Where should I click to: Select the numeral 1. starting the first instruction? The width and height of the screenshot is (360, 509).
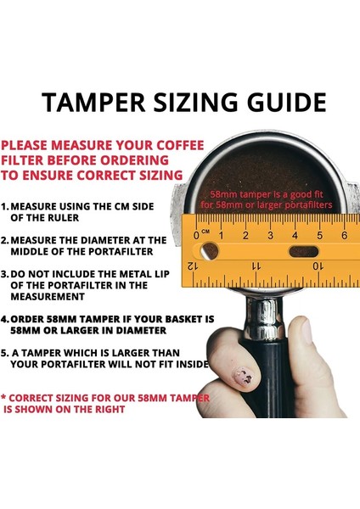[x=6, y=205]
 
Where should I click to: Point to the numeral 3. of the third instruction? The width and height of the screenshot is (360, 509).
[x=6, y=274]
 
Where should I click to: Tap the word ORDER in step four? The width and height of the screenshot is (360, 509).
[x=37, y=320]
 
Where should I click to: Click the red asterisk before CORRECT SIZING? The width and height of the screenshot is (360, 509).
[x=4, y=396]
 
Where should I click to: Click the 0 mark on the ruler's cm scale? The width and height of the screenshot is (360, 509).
[x=197, y=233]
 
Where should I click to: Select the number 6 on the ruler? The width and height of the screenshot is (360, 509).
[x=344, y=233]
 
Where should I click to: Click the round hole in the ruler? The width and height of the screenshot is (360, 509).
[x=208, y=251]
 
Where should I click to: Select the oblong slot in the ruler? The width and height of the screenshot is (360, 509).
[x=301, y=252]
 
